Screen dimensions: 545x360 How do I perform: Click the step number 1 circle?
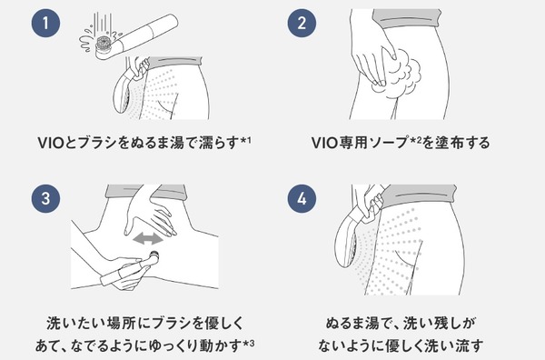45,24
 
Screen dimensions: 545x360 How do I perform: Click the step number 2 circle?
302,24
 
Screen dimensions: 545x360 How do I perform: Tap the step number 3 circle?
45,198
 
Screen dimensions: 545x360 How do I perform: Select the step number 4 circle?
302,198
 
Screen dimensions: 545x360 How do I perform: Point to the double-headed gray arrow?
148,239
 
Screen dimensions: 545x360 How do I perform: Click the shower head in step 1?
123,91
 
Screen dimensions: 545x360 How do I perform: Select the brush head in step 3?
154,257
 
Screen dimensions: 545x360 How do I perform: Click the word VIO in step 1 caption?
51,143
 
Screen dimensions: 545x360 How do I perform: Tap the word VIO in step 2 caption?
325,143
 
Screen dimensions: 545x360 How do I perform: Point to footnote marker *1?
246,141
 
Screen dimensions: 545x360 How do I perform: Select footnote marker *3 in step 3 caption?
249,345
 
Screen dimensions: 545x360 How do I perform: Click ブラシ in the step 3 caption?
172,324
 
